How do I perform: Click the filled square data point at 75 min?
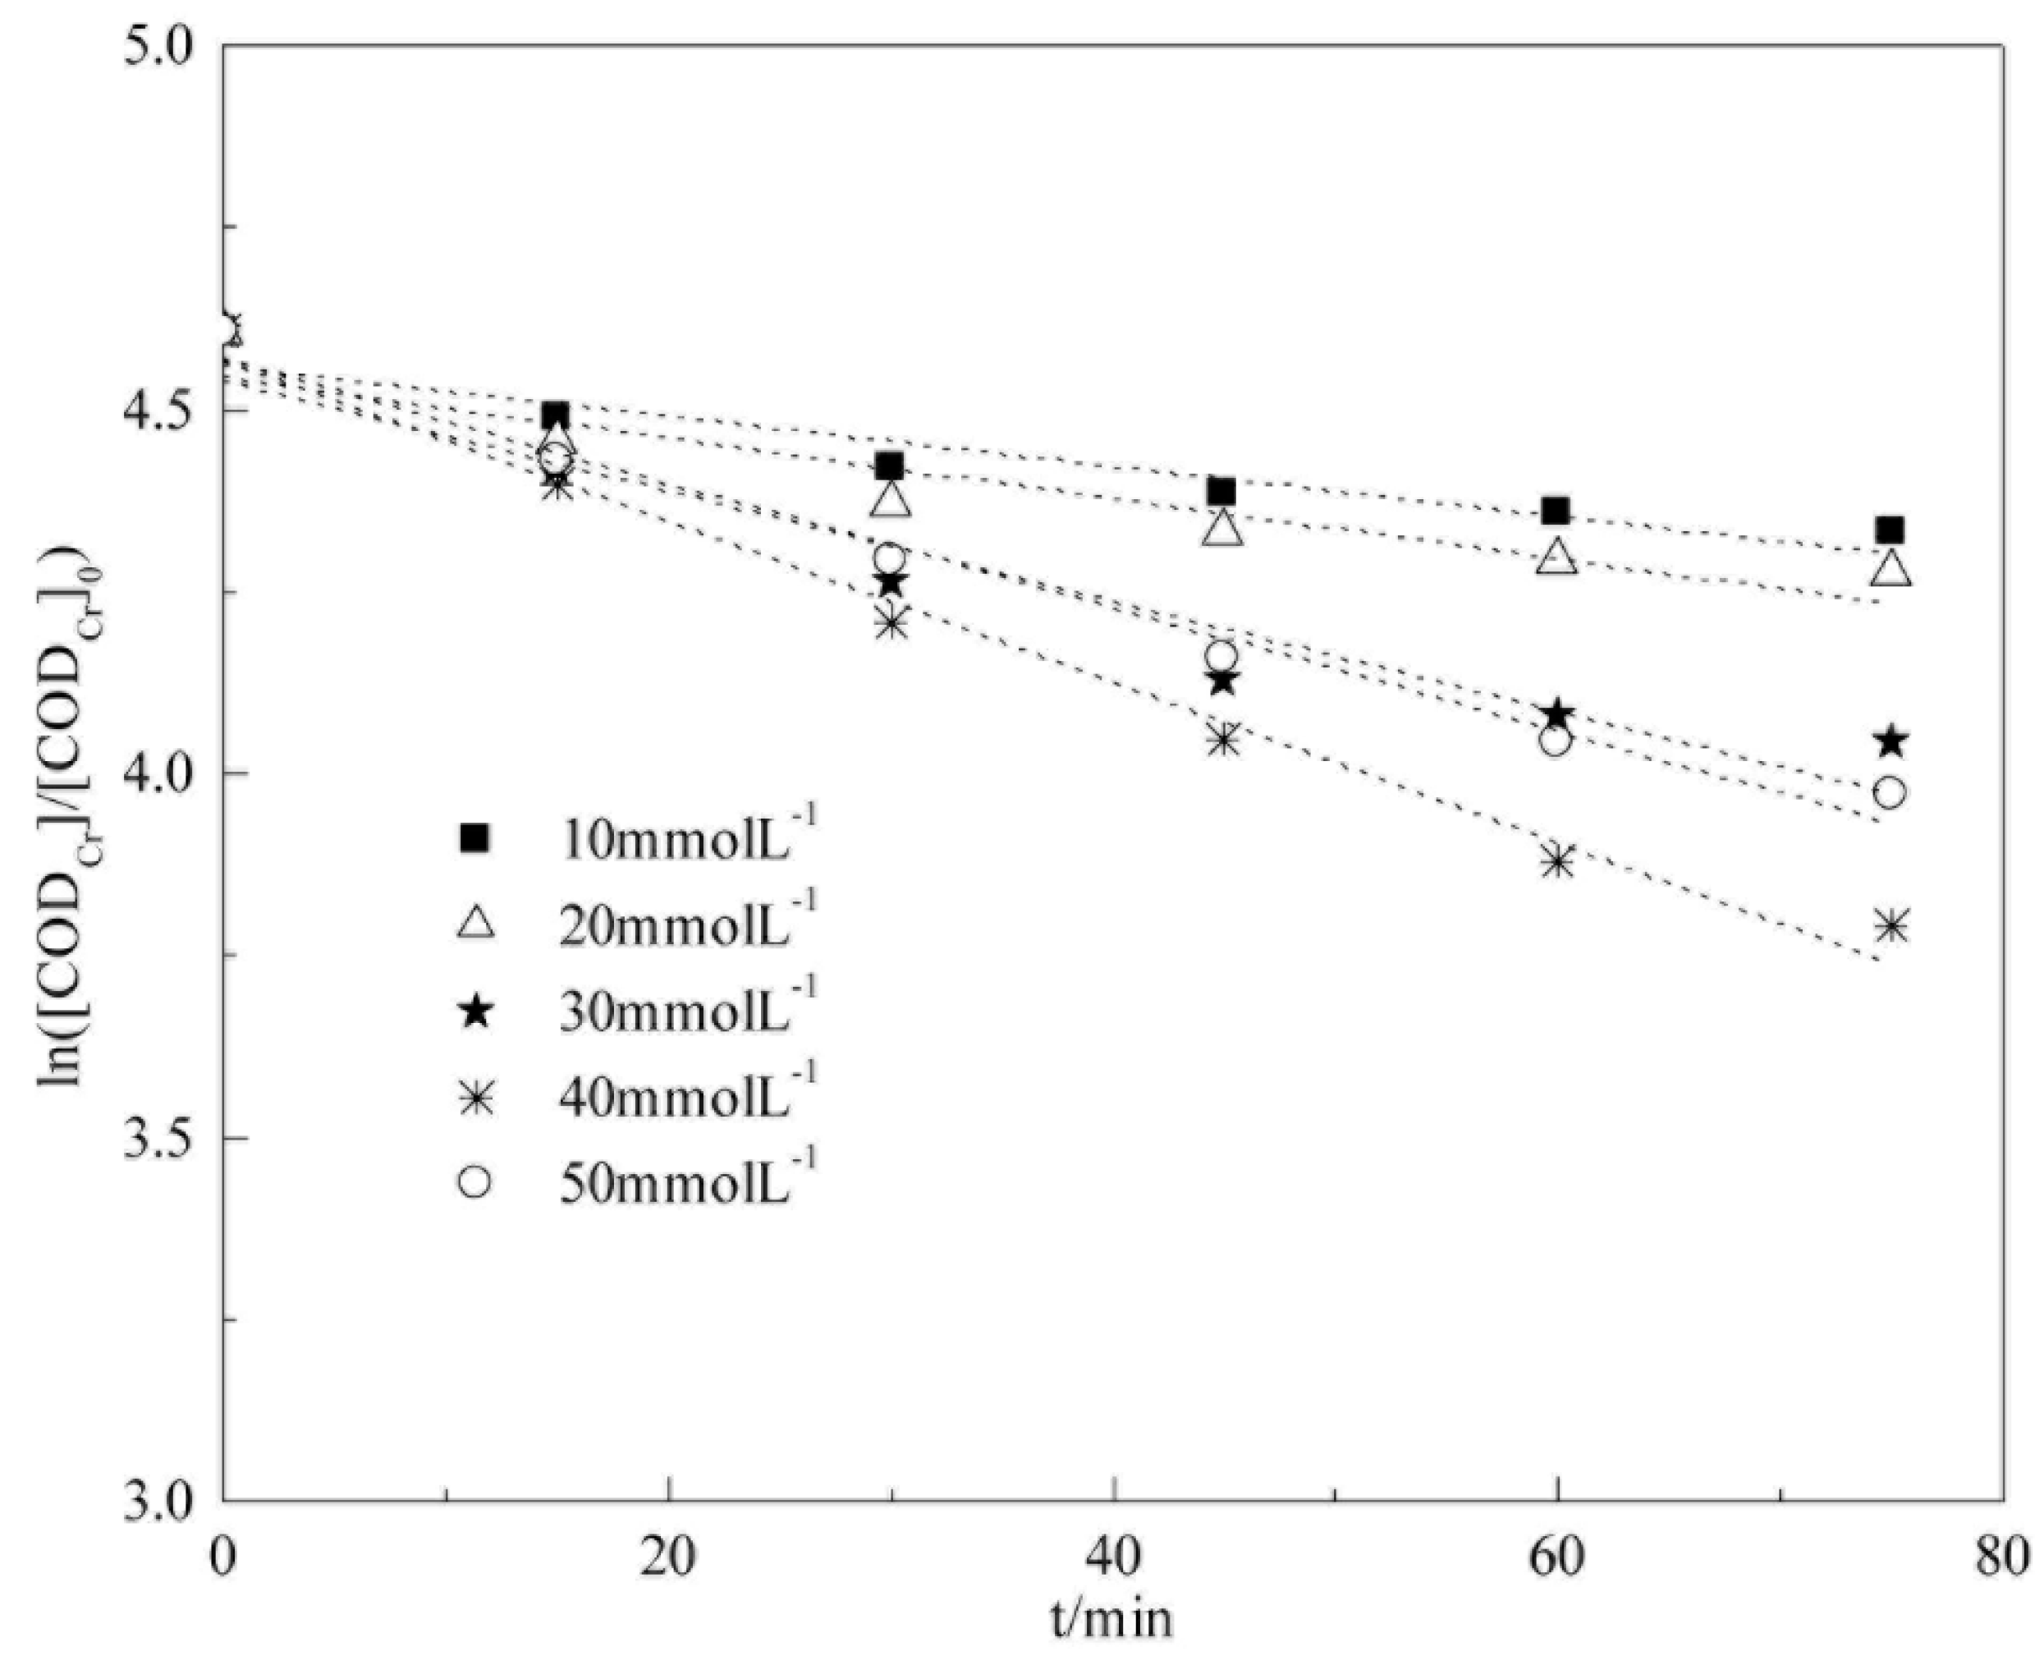[1890, 530]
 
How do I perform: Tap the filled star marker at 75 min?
[1890, 741]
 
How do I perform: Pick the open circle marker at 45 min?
[1221, 656]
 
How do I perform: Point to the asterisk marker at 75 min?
[1890, 926]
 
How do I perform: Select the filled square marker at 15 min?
[556, 416]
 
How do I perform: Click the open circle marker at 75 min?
[1890, 793]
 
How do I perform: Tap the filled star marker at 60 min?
[1556, 713]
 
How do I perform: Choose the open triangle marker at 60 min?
[1556, 557]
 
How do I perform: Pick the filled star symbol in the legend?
[475, 1012]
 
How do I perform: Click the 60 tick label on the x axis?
[1556, 1557]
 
